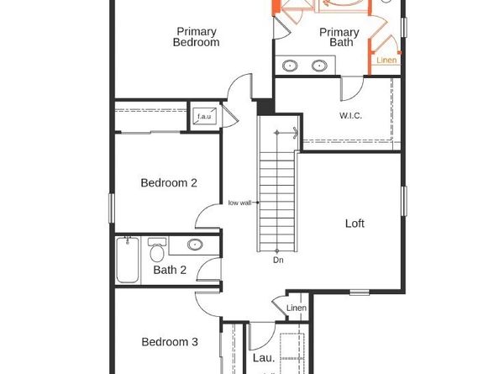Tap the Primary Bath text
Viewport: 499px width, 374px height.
(x=339, y=38)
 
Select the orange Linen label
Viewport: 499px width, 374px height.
(x=386, y=61)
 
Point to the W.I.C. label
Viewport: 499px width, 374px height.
(x=350, y=115)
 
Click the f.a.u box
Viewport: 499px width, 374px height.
(x=204, y=116)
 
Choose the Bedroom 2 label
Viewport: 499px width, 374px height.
(x=169, y=182)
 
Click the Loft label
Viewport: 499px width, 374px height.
(x=355, y=224)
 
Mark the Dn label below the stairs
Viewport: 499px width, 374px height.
(x=278, y=260)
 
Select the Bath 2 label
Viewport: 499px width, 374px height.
(x=170, y=270)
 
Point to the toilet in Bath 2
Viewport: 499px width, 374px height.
(x=156, y=250)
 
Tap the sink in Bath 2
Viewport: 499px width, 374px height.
(x=195, y=245)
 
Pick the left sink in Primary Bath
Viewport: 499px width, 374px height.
(x=291, y=65)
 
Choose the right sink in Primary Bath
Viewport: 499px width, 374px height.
(x=320, y=65)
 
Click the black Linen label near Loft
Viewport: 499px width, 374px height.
(x=297, y=308)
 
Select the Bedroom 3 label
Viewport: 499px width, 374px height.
(x=169, y=342)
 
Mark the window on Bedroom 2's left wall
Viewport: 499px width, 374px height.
(x=111, y=208)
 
